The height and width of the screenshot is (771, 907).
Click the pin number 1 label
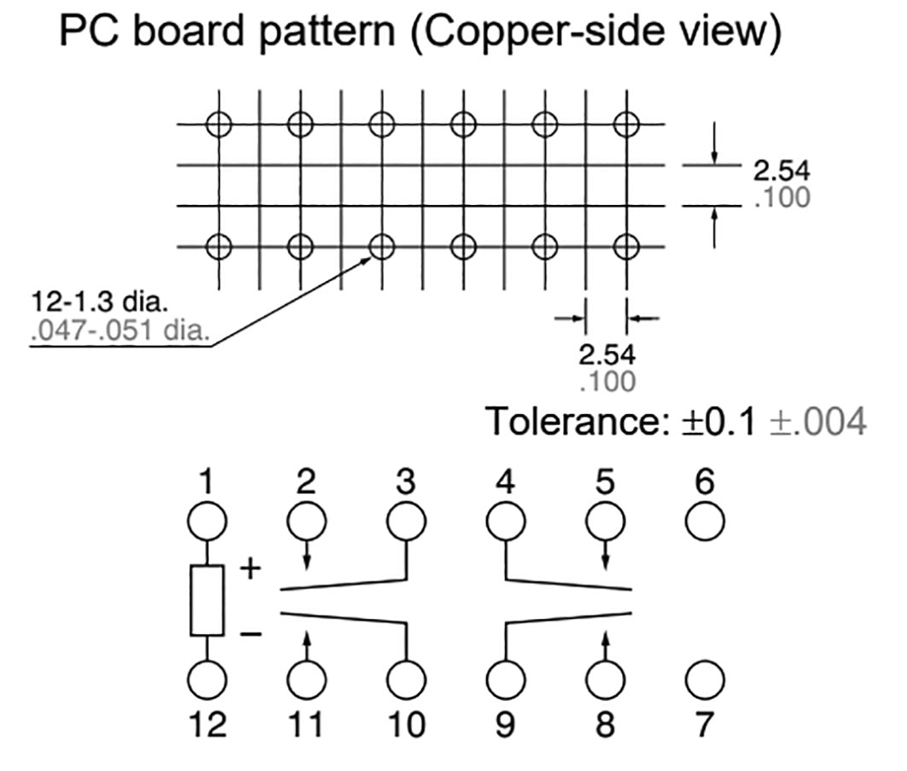(206, 483)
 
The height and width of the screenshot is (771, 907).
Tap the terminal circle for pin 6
(705, 520)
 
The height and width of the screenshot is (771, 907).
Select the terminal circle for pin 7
(705, 680)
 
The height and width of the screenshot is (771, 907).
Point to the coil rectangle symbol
(207, 600)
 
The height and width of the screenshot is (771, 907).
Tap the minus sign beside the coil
(250, 634)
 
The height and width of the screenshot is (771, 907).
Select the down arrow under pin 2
(306, 556)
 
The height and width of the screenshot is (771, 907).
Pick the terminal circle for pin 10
(405, 680)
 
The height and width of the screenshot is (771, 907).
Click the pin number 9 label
(505, 724)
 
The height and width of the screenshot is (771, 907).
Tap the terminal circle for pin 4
(505, 520)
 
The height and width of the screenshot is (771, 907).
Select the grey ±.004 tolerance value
(818, 421)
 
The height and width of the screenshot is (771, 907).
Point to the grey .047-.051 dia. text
(119, 329)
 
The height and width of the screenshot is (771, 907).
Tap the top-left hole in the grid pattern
(218, 125)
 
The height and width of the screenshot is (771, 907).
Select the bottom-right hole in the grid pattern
(627, 248)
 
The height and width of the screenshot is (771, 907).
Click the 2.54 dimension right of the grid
(781, 169)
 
